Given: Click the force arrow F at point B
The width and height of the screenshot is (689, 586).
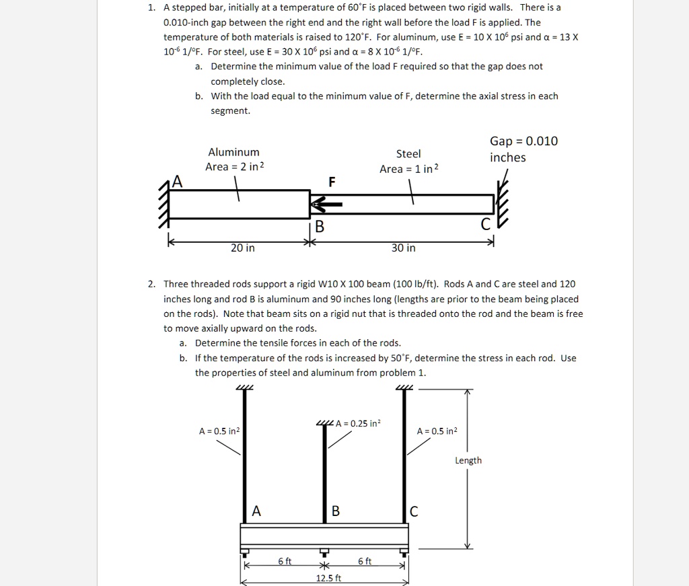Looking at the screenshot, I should [x=326, y=202].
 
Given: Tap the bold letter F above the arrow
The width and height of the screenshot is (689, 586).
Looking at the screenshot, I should [x=331, y=182].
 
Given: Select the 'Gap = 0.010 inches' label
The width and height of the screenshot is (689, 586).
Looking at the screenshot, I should [x=523, y=149].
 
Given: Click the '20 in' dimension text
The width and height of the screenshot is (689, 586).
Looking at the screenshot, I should [x=242, y=248].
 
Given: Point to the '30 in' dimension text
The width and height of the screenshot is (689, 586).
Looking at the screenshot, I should [x=403, y=248].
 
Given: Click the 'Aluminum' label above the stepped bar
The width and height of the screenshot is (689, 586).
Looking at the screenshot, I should [x=233, y=152].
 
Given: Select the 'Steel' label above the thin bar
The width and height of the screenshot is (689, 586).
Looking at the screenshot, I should [x=408, y=154].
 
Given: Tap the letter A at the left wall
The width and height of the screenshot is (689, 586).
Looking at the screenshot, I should [x=176, y=180].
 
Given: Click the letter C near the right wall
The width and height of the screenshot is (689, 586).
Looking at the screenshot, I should [x=486, y=225].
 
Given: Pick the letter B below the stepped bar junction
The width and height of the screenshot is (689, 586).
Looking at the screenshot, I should [x=320, y=226].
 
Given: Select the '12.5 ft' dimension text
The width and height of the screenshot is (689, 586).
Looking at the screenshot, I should [x=328, y=578].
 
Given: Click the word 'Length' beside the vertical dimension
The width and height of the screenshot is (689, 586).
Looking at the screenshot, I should [x=468, y=460].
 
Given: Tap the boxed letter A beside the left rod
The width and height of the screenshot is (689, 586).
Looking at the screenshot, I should [x=256, y=511].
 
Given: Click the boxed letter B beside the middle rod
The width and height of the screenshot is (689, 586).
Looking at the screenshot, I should [x=336, y=511].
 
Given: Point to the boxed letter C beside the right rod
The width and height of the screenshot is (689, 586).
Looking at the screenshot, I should [x=413, y=512].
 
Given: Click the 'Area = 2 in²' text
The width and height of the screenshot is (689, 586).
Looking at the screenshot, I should [x=234, y=167].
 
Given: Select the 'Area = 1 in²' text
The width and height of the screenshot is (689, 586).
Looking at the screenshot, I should [x=408, y=169].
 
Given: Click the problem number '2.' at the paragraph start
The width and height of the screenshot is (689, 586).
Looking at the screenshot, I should [x=152, y=285].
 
